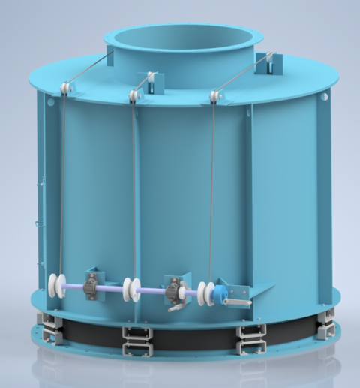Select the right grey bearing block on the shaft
(x=176, y=289)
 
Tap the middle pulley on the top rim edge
(x=135, y=95)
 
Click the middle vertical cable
(x=133, y=188)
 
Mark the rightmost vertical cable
(x=213, y=188)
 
